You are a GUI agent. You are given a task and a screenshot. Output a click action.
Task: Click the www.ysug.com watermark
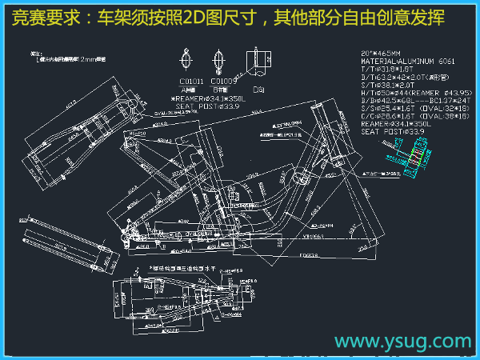(402, 342)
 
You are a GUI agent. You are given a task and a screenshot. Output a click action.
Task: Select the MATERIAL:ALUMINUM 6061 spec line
(408, 61)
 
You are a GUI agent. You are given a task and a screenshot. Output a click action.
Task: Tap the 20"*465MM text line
(388, 53)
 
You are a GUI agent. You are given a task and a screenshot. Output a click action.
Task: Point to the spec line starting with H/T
(416, 94)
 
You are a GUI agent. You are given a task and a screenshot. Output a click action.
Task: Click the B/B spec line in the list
(416, 102)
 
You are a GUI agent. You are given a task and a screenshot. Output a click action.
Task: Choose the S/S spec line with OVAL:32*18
(414, 110)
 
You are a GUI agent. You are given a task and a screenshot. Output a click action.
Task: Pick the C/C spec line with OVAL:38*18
(414, 118)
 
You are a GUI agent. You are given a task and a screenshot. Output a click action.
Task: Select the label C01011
(192, 82)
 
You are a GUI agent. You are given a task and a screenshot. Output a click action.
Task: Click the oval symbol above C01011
(187, 59)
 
